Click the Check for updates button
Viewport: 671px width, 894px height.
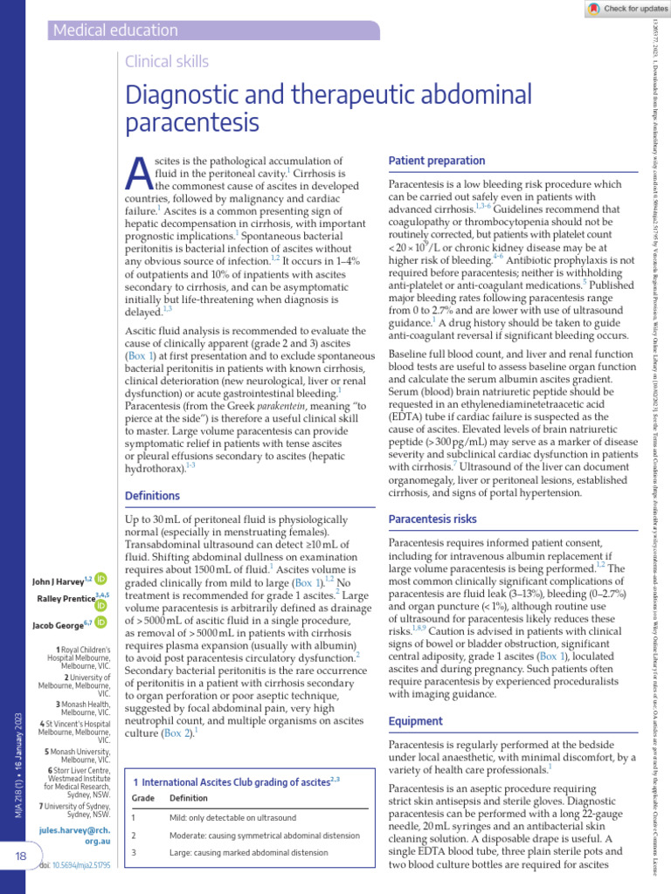click(x=616, y=8)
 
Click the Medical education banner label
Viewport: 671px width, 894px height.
click(x=115, y=31)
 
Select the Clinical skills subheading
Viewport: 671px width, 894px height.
click(x=168, y=61)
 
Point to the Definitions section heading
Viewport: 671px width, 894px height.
click(x=152, y=495)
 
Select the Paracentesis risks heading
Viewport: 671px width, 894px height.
click(x=432, y=519)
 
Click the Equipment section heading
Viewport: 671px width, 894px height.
click(x=416, y=721)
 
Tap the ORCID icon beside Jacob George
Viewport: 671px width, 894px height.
click(x=101, y=622)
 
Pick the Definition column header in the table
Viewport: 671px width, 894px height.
click(x=189, y=774)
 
